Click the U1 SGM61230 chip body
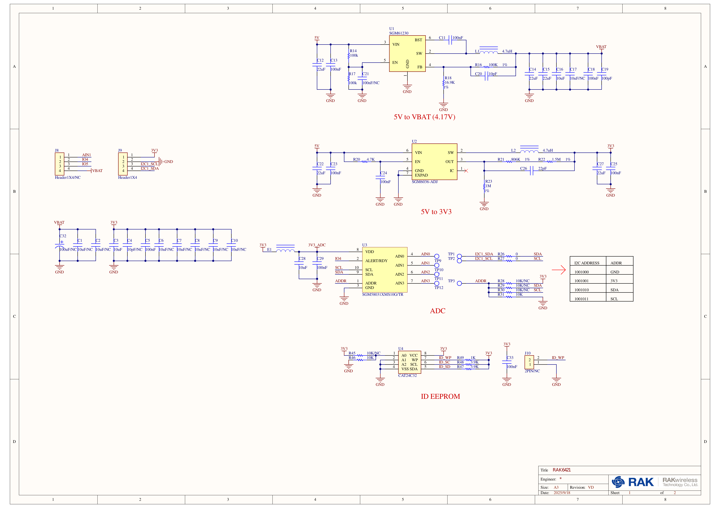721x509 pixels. click(x=407, y=53)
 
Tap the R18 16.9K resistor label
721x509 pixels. click(x=449, y=80)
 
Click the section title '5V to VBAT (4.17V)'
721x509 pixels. click(x=424, y=117)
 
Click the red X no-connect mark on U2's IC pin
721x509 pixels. click(x=466, y=171)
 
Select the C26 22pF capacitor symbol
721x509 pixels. click(x=531, y=171)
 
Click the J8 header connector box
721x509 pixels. click(x=60, y=164)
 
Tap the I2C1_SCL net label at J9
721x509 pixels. click(x=149, y=164)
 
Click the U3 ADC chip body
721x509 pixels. click(x=384, y=270)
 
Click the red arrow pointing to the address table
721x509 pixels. click(x=559, y=270)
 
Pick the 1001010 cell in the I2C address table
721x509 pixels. click(x=581, y=290)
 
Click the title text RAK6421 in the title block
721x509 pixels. click(x=562, y=470)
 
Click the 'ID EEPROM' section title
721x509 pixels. click(x=440, y=396)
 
